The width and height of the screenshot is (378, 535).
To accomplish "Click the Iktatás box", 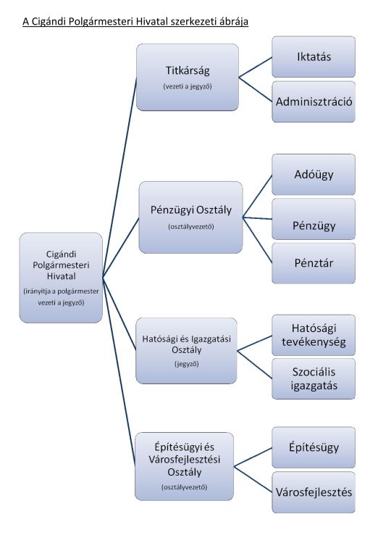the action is [314, 57].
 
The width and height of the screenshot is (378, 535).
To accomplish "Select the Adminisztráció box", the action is [314, 101].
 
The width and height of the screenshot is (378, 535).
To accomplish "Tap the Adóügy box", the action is [314, 175].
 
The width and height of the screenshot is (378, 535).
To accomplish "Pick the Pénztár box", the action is [314, 263].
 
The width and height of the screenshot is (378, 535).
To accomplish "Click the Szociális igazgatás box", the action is [314, 378].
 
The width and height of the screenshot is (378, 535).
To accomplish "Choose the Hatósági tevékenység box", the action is [314, 335].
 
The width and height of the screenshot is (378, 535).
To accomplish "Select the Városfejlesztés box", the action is [314, 492].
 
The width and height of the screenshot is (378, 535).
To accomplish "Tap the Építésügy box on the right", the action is [314, 447].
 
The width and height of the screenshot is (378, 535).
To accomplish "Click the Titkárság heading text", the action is [188, 70].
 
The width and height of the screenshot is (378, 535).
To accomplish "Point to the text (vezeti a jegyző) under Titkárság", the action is [188, 86].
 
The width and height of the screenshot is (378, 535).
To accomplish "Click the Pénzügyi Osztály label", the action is [191, 210].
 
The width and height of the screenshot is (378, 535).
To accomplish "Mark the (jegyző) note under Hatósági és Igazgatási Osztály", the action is [186, 364].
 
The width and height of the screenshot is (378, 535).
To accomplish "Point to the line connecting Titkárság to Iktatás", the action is [256, 67].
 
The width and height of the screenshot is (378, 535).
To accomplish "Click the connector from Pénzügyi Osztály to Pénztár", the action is [257, 240].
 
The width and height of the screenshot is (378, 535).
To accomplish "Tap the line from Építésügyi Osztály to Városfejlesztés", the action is [253, 479].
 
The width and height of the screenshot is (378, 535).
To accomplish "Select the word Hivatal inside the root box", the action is [61, 276].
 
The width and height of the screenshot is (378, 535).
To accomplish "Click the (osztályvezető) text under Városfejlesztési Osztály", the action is [184, 487].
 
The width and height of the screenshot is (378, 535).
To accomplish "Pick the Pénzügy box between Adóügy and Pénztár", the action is [314, 219].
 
